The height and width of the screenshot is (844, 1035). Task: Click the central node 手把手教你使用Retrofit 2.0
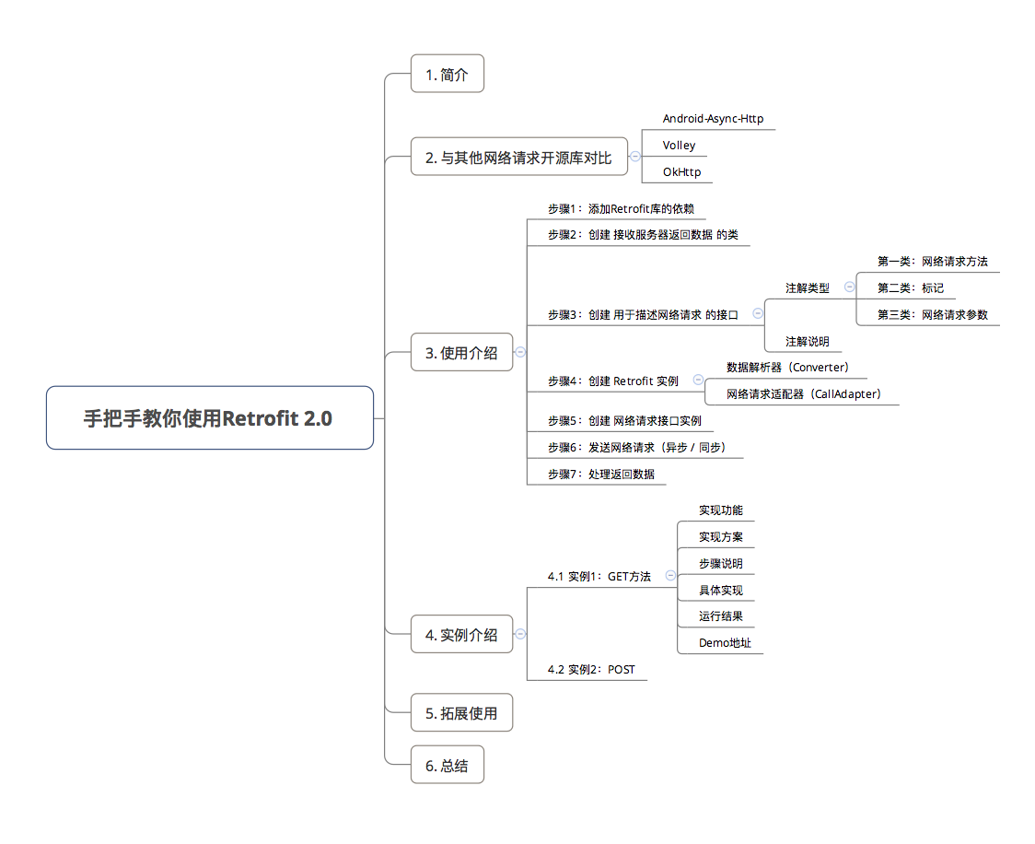[210, 418]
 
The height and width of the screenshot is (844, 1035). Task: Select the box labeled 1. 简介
[447, 75]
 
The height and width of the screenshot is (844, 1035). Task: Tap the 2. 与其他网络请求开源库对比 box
[517, 158]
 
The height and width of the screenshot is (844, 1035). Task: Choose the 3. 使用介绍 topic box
[461, 352]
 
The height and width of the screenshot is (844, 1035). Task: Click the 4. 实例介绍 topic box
[461, 634]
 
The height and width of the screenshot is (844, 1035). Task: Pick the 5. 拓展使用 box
[461, 713]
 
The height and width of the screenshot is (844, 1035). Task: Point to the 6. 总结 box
[447, 766]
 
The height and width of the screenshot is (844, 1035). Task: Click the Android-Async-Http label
[713, 119]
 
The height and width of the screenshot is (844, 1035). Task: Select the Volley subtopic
[679, 146]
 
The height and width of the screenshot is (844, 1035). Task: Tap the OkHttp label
[681, 172]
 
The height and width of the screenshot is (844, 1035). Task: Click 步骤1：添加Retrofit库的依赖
[621, 209]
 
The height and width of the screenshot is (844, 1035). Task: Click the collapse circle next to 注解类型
[849, 287]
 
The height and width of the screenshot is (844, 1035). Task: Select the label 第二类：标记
[910, 288]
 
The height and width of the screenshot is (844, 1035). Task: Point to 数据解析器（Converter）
[787, 368]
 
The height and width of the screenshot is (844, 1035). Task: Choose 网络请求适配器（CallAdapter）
[803, 394]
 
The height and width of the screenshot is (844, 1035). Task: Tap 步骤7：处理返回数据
[600, 475]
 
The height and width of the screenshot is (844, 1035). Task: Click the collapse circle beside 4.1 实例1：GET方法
[670, 575]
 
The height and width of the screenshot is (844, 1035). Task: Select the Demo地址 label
[725, 643]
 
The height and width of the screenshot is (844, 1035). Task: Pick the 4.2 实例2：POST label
[591, 670]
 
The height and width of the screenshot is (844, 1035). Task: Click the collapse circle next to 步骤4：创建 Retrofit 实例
[698, 380]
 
